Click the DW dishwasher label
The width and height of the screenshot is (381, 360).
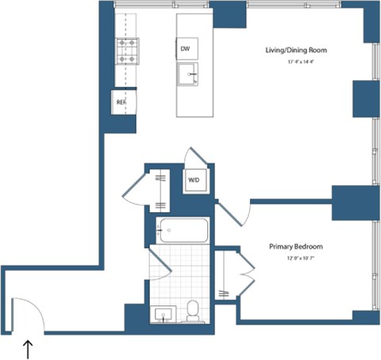(x=185, y=49)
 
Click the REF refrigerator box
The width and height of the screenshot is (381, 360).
(x=121, y=102)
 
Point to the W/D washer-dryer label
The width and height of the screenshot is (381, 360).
(x=194, y=180)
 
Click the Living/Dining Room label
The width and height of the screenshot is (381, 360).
(x=296, y=50)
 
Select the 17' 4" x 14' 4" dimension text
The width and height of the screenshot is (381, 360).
(x=296, y=61)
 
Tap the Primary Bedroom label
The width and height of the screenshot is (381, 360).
(x=296, y=246)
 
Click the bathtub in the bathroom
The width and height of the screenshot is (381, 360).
(x=183, y=231)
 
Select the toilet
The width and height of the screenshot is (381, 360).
(x=192, y=312)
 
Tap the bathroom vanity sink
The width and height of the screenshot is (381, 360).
(x=164, y=315)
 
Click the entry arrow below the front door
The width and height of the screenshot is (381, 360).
(x=29, y=347)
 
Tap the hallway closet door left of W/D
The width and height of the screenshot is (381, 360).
(x=133, y=188)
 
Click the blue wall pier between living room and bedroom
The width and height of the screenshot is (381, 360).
(x=352, y=203)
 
